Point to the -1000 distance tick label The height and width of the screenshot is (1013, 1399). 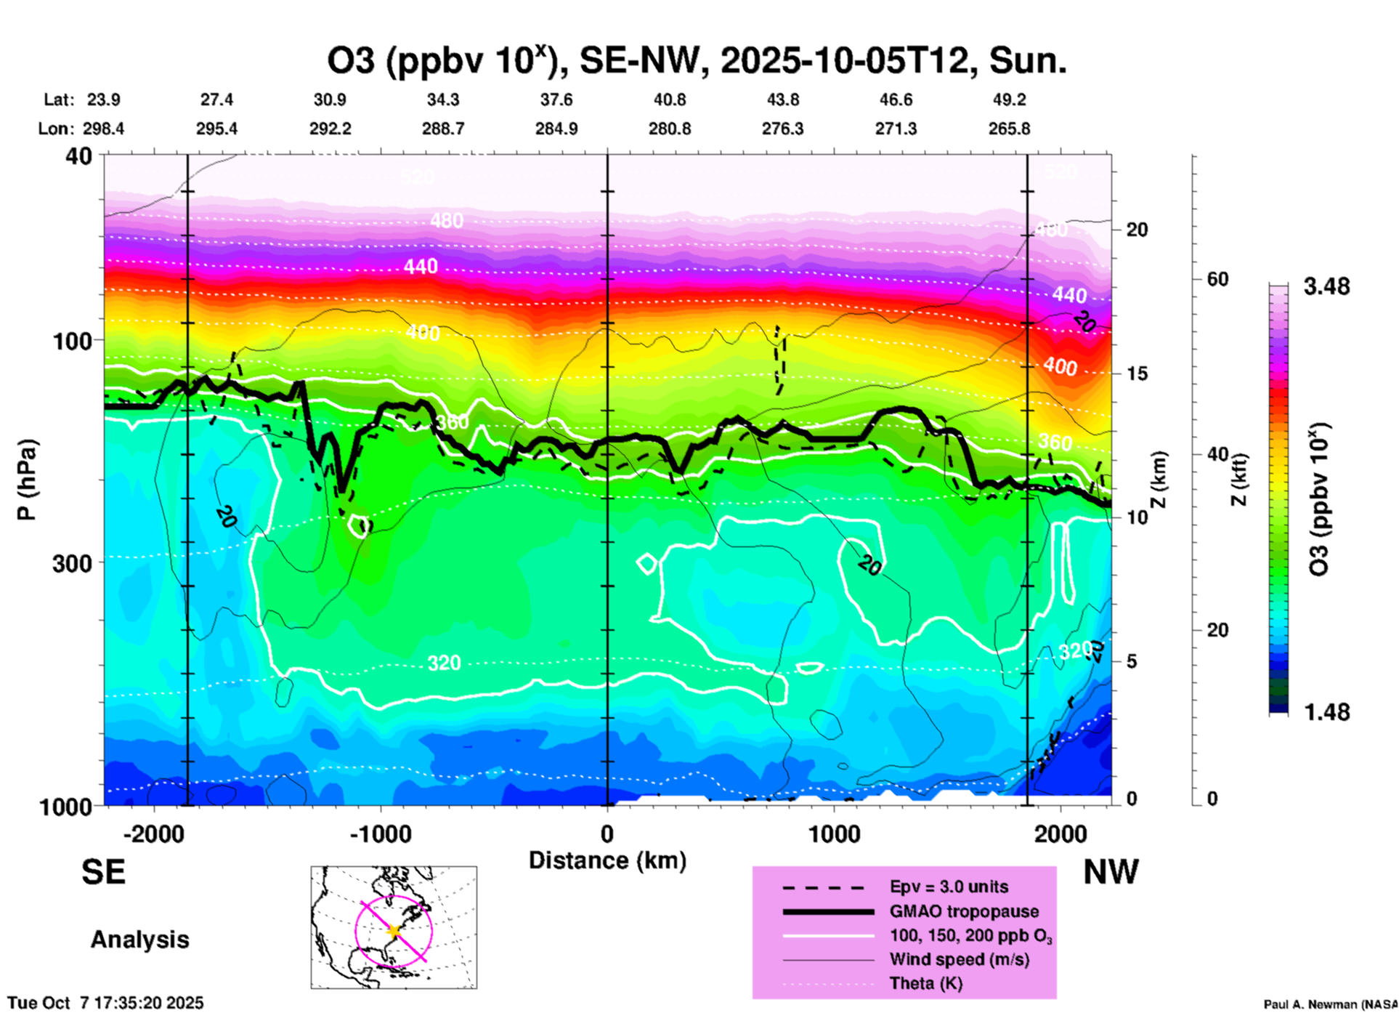381,834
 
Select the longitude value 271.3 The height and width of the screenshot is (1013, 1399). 896,129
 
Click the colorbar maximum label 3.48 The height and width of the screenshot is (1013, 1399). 1326,287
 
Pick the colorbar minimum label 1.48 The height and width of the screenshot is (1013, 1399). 1326,712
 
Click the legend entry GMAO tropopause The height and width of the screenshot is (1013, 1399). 964,911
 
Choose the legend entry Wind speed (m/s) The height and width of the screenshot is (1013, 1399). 959,959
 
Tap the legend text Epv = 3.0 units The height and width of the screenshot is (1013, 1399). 949,887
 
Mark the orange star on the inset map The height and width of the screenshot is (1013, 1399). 394,930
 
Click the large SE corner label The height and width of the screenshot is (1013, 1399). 103,872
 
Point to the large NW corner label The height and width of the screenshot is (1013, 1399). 1111,872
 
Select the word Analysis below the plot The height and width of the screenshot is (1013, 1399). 139,940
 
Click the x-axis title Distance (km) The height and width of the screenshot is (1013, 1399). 607,860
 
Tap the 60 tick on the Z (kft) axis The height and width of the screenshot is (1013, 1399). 1217,279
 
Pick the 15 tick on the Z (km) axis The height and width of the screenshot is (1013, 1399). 1137,374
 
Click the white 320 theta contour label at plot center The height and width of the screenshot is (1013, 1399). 444,663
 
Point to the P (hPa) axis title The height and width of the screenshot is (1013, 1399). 27,480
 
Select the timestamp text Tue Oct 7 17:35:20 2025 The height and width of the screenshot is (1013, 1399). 106,1003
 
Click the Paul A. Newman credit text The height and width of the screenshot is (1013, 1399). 1330,1004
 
